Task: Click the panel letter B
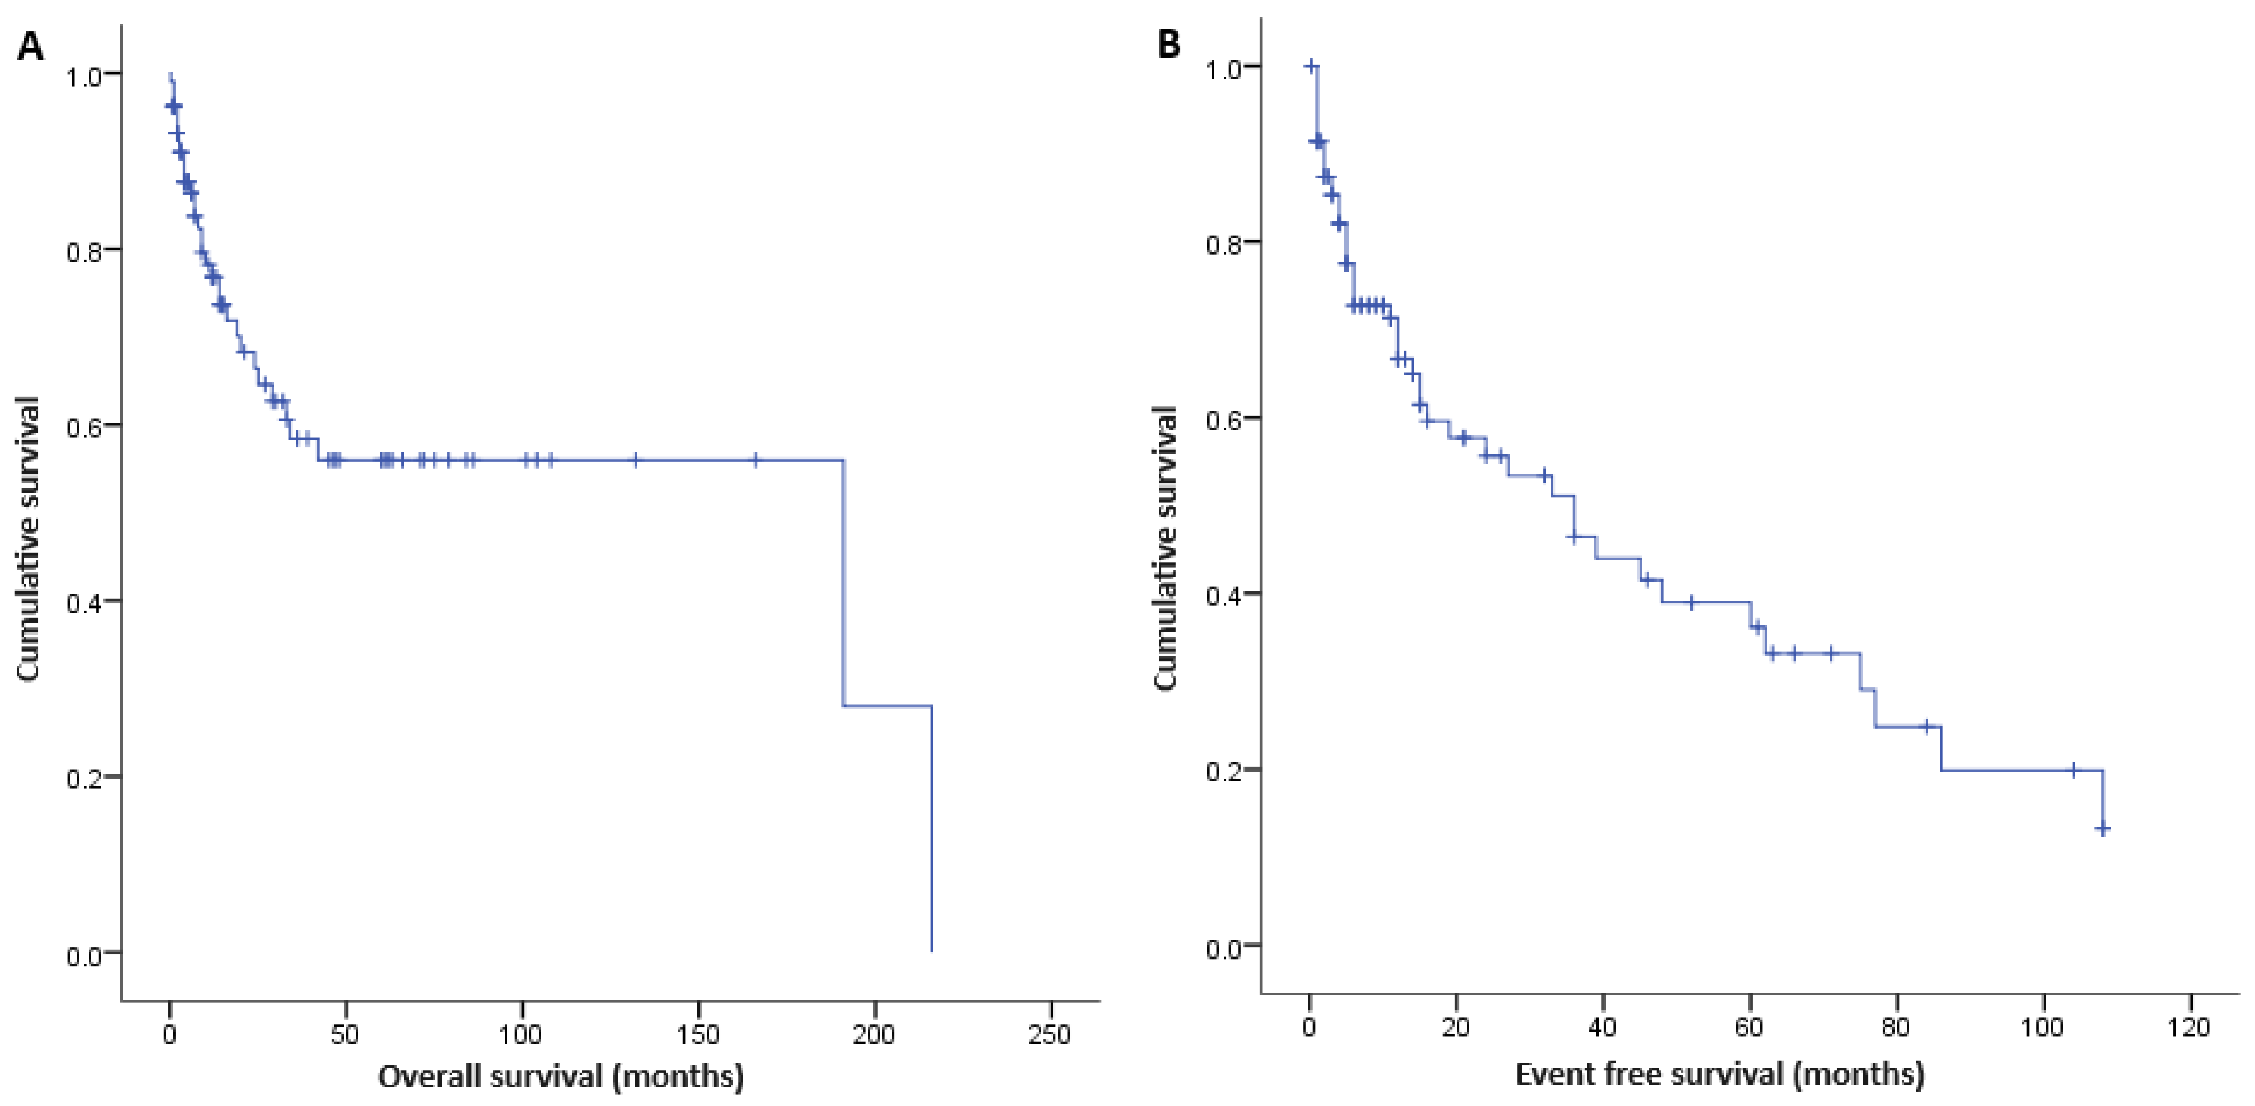pos(1169,44)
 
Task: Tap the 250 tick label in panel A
pos(1049,1035)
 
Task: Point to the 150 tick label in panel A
pos(697,1035)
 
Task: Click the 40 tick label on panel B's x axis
pos(1602,1027)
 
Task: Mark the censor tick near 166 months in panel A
pos(756,460)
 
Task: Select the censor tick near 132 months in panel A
pos(636,460)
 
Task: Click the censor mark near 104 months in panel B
pos(2073,770)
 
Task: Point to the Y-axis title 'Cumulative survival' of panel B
pos(1165,549)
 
